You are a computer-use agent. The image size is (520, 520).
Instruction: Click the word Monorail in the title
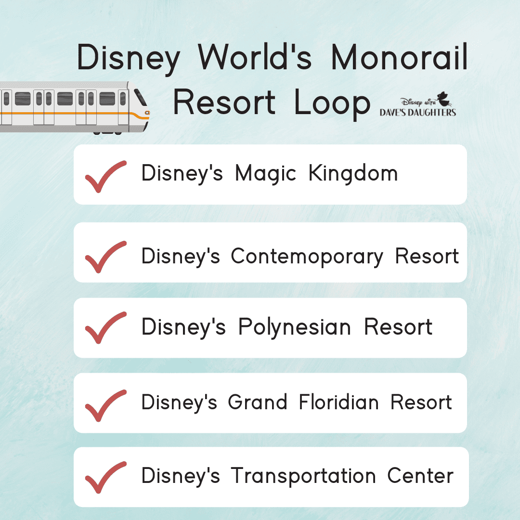pyautogui.click(x=399, y=57)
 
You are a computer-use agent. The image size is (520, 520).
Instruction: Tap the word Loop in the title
pyautogui.click(x=332, y=103)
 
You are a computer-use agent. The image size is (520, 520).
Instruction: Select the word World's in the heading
pyautogui.click(x=255, y=57)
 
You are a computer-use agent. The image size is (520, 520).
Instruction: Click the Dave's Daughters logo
pyautogui.click(x=418, y=104)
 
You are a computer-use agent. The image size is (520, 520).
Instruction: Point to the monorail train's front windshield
pyautogui.click(x=140, y=97)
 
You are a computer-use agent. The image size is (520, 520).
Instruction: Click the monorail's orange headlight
pyautogui.click(x=147, y=113)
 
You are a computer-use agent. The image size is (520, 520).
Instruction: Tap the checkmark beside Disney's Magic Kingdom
pyautogui.click(x=106, y=176)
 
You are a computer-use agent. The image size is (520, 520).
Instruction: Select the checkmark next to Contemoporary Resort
pyautogui.click(x=106, y=257)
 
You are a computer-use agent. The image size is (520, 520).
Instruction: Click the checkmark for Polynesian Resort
pyautogui.click(x=106, y=328)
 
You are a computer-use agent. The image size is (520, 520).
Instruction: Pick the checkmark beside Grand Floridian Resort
pyautogui.click(x=106, y=405)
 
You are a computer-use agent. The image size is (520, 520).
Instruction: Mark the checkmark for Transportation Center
pyautogui.click(x=106, y=477)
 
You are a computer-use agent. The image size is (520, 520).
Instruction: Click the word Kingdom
pyautogui.click(x=353, y=173)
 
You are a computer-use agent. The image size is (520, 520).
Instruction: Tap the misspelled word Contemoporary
pyautogui.click(x=307, y=257)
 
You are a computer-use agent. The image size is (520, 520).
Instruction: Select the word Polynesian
pyautogui.click(x=295, y=328)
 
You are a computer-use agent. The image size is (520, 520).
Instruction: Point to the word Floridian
pyautogui.click(x=338, y=402)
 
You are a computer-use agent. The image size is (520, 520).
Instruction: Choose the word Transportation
pyautogui.click(x=303, y=476)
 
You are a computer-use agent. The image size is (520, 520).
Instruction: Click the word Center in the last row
pyautogui.click(x=420, y=476)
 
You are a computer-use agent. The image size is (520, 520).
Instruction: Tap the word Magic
pyautogui.click(x=265, y=174)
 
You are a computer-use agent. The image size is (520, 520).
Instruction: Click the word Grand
pyautogui.click(x=257, y=402)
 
